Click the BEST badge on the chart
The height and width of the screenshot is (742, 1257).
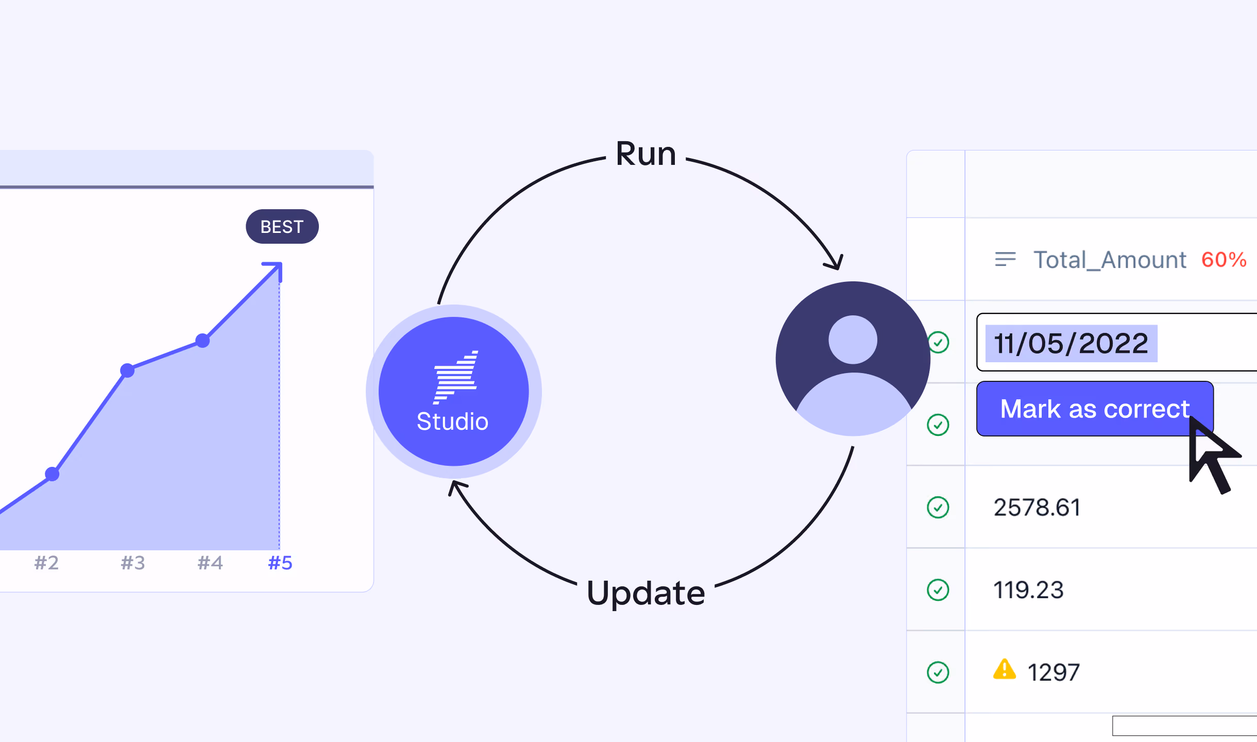coord(282,227)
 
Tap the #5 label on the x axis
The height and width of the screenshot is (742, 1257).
coord(280,563)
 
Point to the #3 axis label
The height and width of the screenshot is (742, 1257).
coord(133,563)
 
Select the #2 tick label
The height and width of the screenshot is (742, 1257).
coord(46,563)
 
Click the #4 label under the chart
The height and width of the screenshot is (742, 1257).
coord(210,563)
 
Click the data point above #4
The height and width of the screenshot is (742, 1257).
coord(203,341)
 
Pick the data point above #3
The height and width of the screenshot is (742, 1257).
coord(127,370)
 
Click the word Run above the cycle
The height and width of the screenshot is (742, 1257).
coord(646,154)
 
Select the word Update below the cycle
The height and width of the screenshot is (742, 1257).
coord(646,594)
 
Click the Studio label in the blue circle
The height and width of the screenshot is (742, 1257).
coord(452,421)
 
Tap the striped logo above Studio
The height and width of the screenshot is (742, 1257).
coord(455,377)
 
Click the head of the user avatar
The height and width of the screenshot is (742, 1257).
coord(853,340)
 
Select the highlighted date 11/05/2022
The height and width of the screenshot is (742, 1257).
coord(1071,343)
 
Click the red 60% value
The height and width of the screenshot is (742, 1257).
coord(1224,260)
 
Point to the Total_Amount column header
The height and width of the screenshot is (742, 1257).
coord(1110,260)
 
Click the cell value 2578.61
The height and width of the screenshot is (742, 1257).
coord(1037,508)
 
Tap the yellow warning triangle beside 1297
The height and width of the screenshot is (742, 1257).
coord(1005,670)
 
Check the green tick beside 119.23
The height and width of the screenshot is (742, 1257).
coord(938,590)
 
